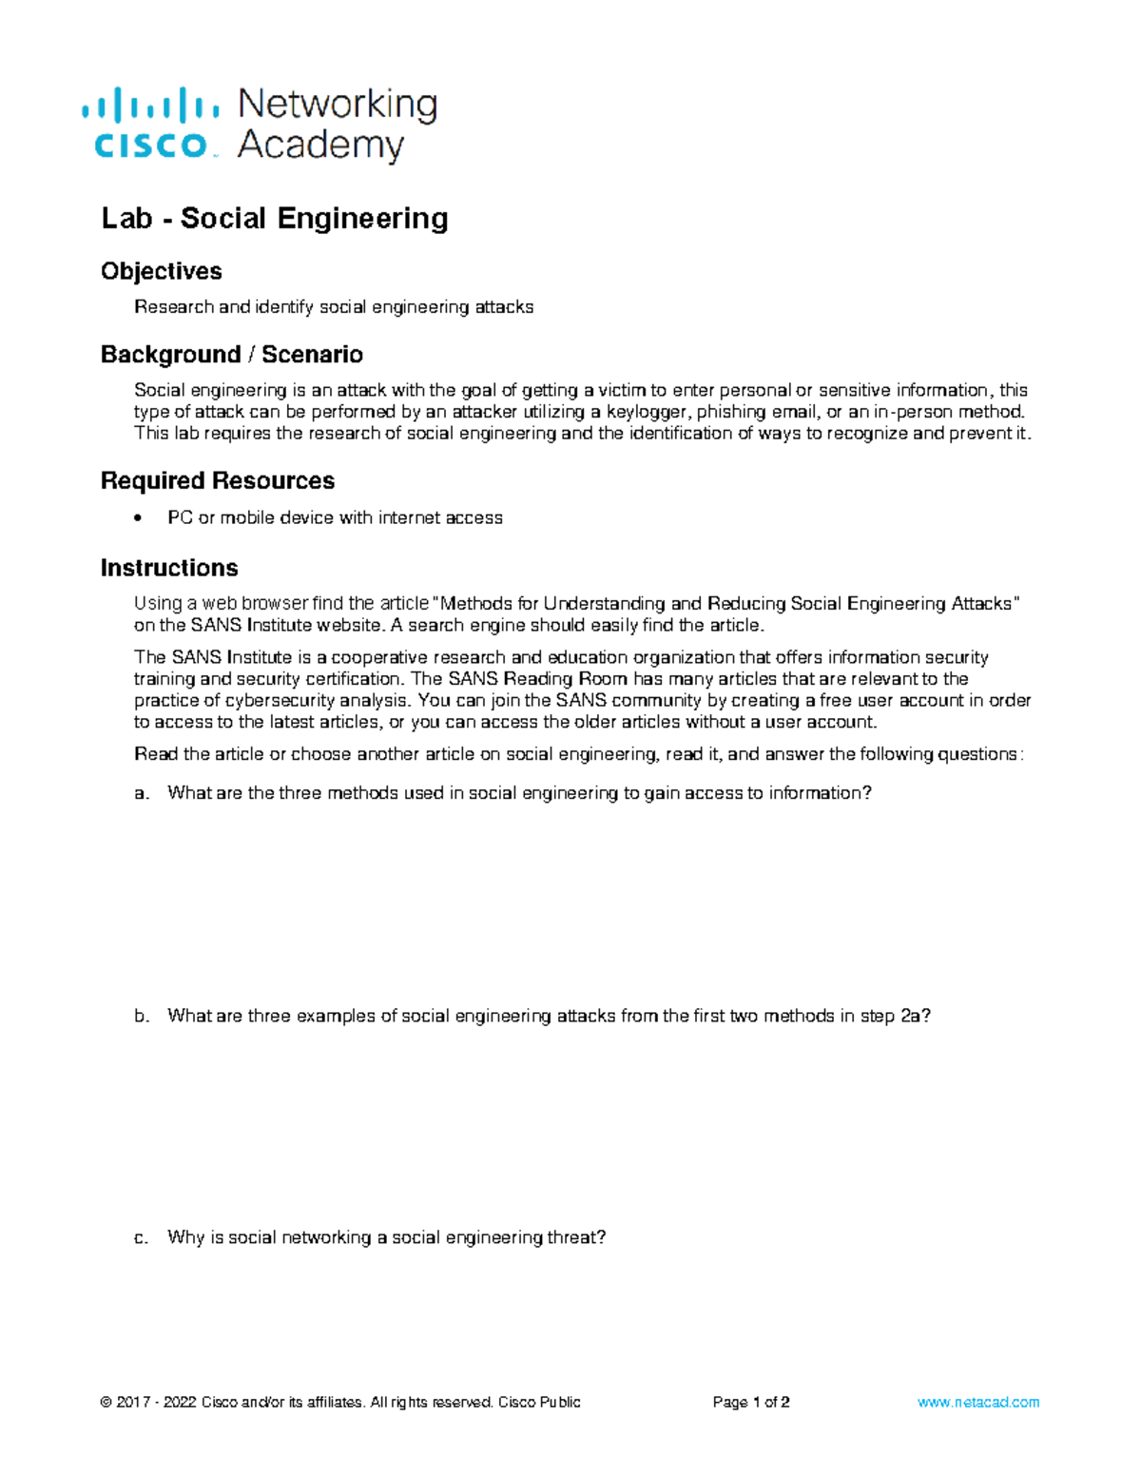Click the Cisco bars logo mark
[150, 104]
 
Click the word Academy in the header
[320, 146]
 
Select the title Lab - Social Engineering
[275, 219]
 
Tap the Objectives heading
[162, 271]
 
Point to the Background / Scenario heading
[232, 355]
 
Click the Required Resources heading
[218, 480]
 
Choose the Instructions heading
[169, 568]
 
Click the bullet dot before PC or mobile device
[139, 517]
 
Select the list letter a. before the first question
[142, 793]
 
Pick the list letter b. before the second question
[142, 1016]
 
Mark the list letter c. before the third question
[142, 1237]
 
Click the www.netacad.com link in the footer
[978, 1402]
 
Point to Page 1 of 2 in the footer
[751, 1402]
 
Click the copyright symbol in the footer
[106, 1402]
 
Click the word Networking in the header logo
[337, 104]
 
